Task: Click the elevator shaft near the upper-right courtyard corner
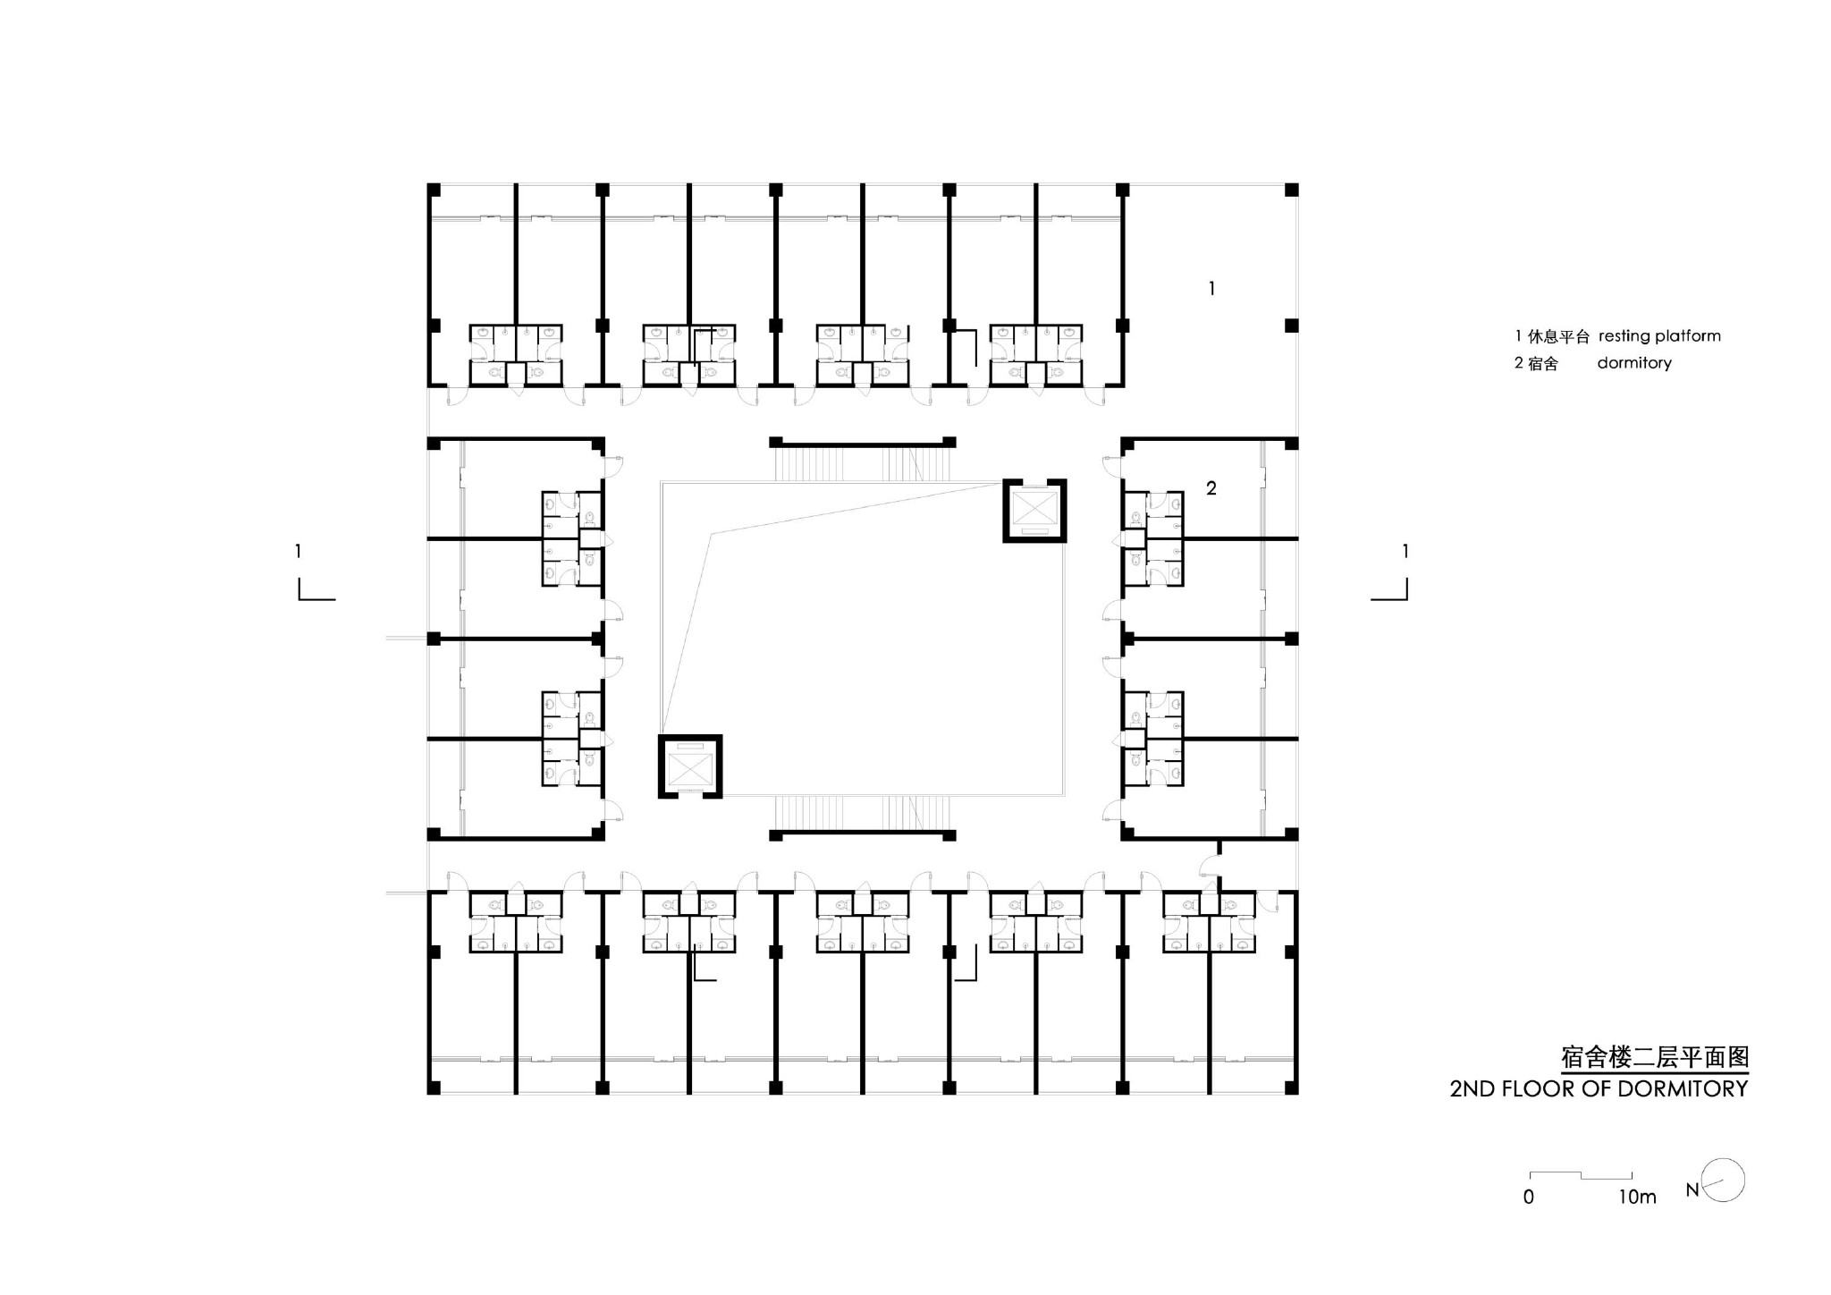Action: pyautogui.click(x=1034, y=511)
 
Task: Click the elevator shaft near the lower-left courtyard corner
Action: pyautogui.click(x=690, y=766)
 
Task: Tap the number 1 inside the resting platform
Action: pyautogui.click(x=1211, y=288)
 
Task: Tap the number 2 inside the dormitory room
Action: pyautogui.click(x=1211, y=488)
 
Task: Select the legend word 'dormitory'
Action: pyautogui.click(x=1634, y=363)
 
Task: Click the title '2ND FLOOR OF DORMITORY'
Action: pyautogui.click(x=1599, y=1088)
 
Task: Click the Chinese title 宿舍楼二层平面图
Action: pyautogui.click(x=1655, y=1057)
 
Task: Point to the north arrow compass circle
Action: pyautogui.click(x=1725, y=1181)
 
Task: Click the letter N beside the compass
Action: pyautogui.click(x=1692, y=1190)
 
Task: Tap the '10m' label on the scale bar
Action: pyautogui.click(x=1637, y=1197)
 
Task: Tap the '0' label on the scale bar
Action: pyautogui.click(x=1529, y=1197)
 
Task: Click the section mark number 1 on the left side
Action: pyautogui.click(x=298, y=552)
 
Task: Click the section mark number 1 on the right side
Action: pyautogui.click(x=1405, y=552)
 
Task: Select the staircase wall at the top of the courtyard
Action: pyautogui.click(x=863, y=442)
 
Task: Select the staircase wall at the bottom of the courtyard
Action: pyautogui.click(x=863, y=835)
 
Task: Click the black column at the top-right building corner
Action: pyautogui.click(x=1291, y=190)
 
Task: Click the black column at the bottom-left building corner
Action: pyautogui.click(x=434, y=1088)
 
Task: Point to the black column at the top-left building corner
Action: pyautogui.click(x=434, y=190)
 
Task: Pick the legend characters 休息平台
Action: pyautogui.click(x=1558, y=337)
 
